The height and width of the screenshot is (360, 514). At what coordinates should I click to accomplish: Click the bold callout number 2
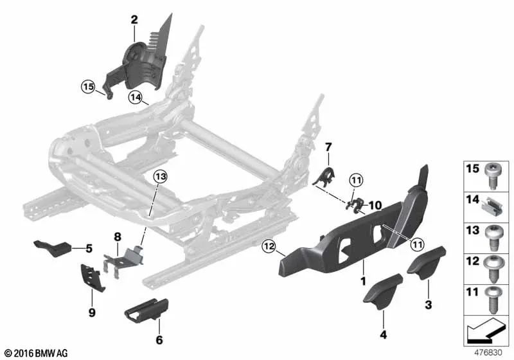[134, 20]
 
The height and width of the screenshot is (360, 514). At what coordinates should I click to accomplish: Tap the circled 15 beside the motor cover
[87, 85]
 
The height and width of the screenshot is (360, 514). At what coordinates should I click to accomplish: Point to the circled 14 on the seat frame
[134, 98]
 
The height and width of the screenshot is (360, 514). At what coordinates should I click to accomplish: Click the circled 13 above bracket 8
[159, 176]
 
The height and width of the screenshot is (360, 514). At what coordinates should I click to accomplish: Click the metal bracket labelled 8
[126, 260]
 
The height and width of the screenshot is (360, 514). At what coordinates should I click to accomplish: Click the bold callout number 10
[375, 206]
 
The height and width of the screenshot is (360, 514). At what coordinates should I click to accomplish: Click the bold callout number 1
[363, 281]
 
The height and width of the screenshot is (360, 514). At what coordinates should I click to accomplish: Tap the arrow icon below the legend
[486, 332]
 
